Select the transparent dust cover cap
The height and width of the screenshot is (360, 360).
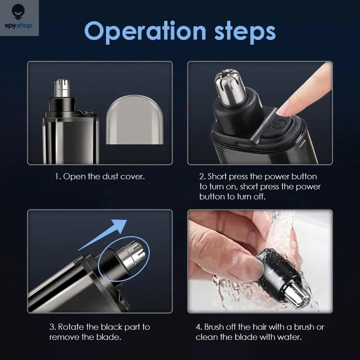click(135, 120)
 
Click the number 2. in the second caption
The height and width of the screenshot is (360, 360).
click(203, 177)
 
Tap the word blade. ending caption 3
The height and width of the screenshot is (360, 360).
click(110, 337)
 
